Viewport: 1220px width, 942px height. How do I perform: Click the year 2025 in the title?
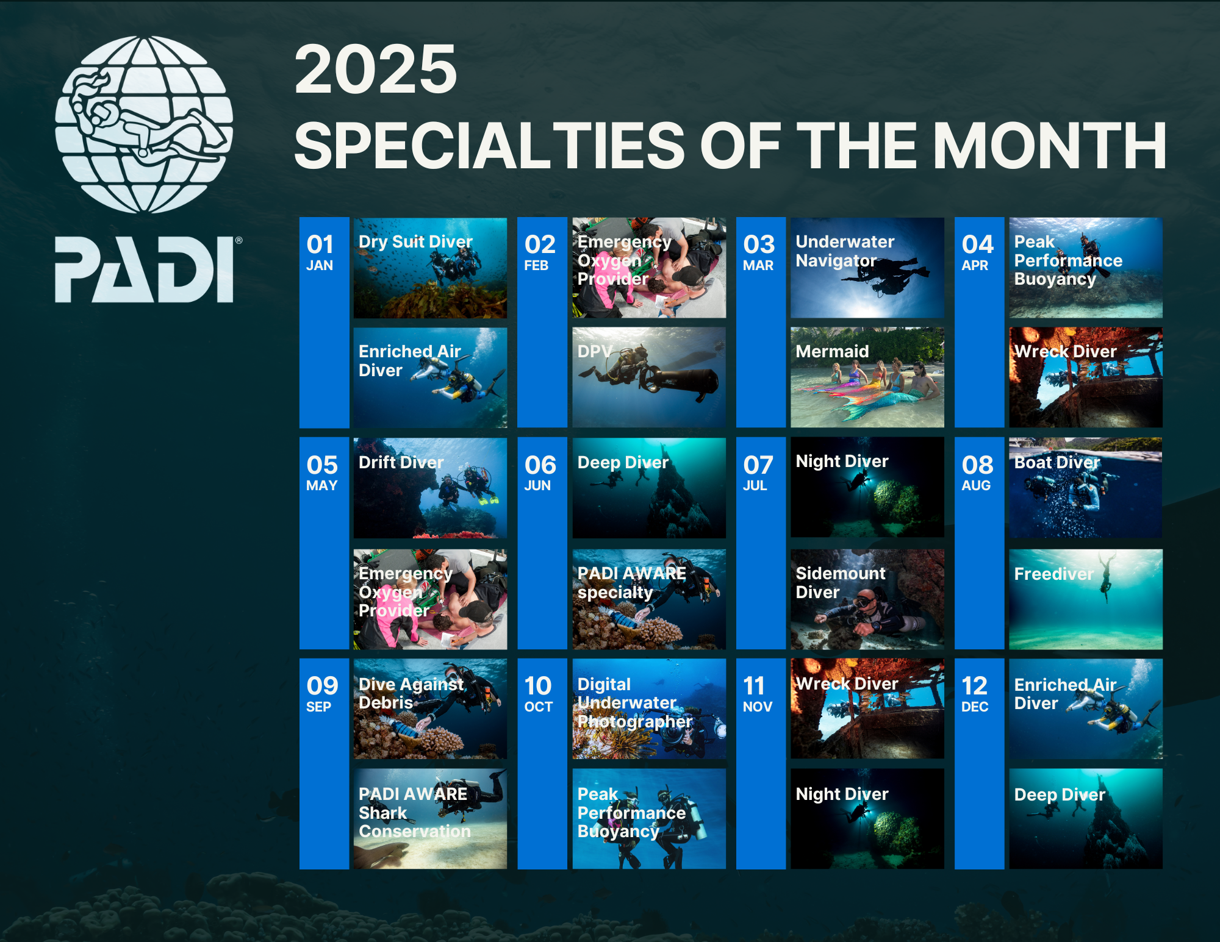point(376,70)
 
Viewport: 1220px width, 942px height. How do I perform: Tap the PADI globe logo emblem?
point(144,124)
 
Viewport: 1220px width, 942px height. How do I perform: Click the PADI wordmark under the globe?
point(145,269)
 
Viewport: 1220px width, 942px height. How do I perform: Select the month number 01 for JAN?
point(320,244)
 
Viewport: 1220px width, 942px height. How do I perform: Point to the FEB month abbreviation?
point(536,266)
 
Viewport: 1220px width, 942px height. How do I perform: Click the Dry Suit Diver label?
point(415,241)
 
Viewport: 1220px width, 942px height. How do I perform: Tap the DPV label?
point(595,351)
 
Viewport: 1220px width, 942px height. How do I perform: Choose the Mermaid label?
point(832,351)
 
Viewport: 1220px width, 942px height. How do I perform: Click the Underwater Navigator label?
point(845,251)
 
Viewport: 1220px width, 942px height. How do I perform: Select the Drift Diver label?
point(401,462)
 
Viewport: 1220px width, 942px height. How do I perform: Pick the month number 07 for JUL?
point(758,465)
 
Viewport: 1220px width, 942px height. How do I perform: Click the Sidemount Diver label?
point(840,582)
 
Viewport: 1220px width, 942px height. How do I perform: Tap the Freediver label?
point(1053,574)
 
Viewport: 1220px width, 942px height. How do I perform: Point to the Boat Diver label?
point(1057,462)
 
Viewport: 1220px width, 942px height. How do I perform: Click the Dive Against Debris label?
point(411,693)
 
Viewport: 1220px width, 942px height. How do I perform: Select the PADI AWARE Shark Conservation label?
point(415,813)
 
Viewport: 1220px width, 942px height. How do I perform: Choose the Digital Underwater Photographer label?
point(635,703)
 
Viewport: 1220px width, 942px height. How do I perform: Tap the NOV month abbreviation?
point(758,707)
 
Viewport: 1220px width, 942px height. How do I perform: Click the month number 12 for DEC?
point(974,686)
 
